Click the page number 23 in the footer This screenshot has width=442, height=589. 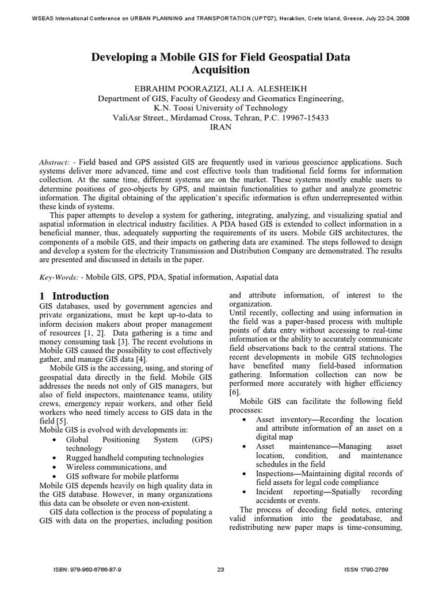[220, 569]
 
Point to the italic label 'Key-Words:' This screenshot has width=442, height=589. [59, 277]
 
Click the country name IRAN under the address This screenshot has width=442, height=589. [220, 128]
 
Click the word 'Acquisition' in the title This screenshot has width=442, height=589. [221, 70]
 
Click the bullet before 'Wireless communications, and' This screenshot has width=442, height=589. [54, 468]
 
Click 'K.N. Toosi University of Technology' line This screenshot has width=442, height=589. [221, 108]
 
